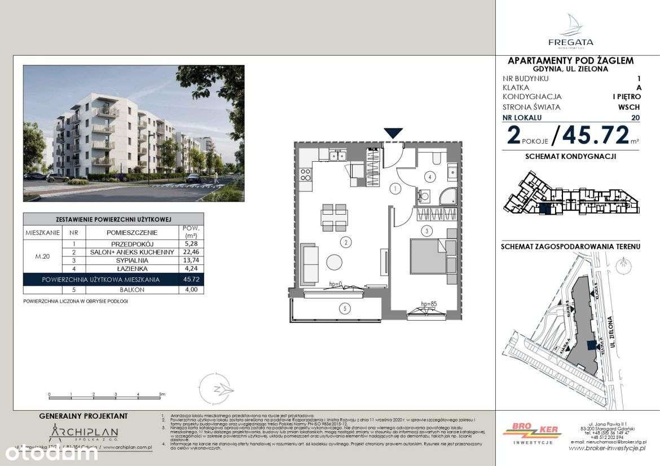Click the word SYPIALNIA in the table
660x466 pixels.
(133, 261)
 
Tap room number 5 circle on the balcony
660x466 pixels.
(344, 308)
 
